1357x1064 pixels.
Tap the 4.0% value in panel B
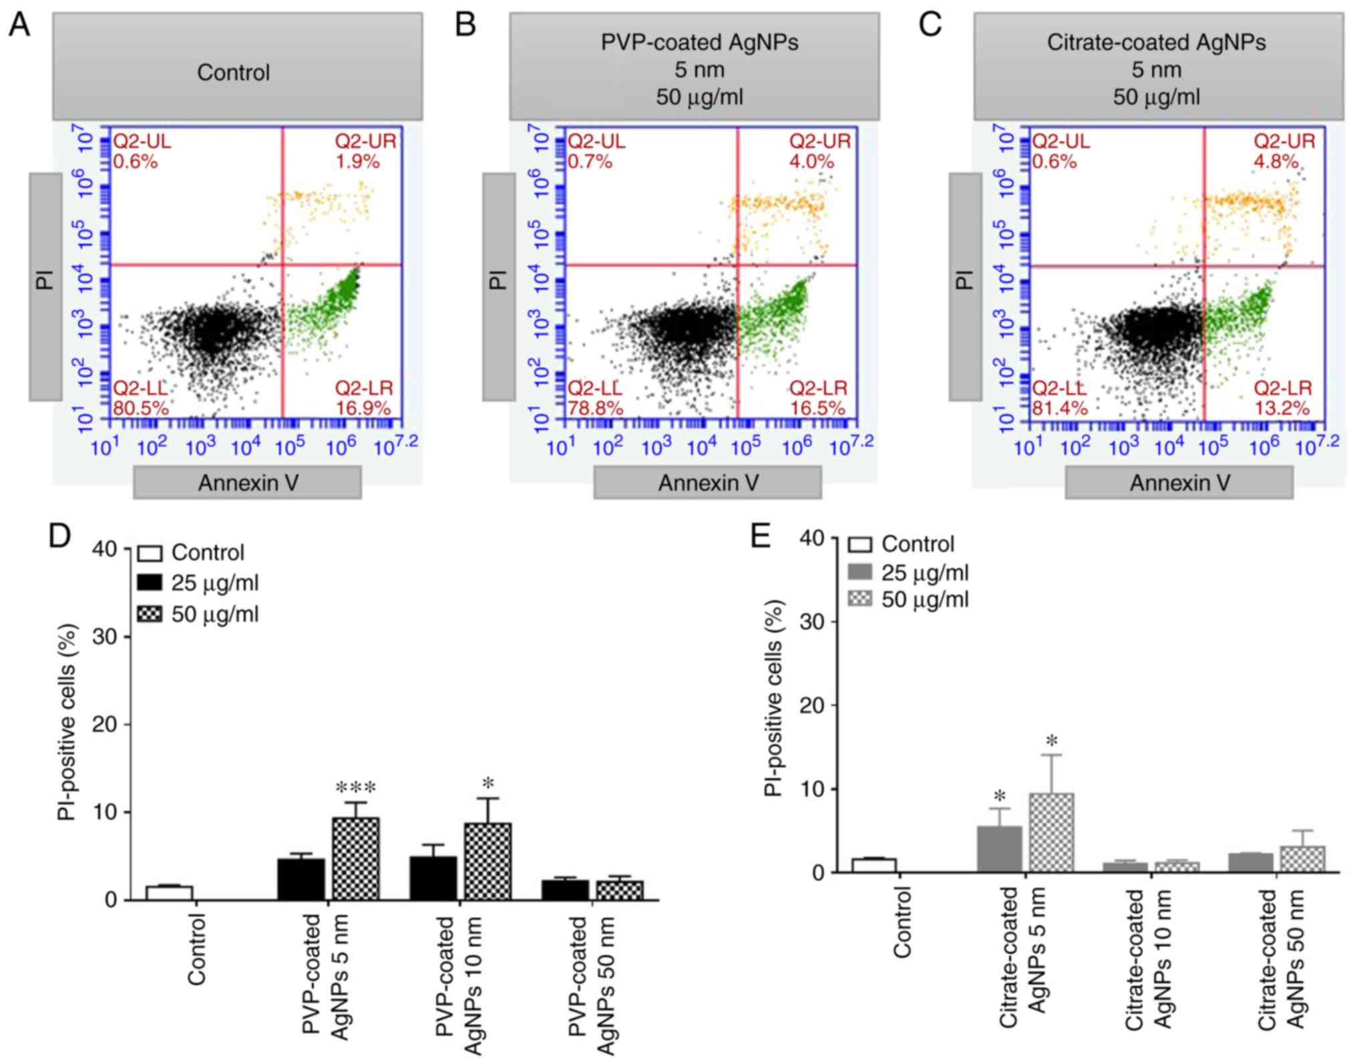pyautogui.click(x=811, y=162)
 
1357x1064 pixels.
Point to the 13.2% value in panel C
pyautogui.click(x=1282, y=408)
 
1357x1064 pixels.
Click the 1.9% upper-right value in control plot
pyautogui.click(x=357, y=162)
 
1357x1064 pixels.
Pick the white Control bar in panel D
pyautogui.click(x=170, y=892)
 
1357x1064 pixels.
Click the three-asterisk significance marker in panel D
pyautogui.click(x=355, y=788)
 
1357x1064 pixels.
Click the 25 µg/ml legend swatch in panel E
pyautogui.click(x=860, y=572)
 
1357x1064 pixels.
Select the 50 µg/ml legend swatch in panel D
pyautogui.click(x=150, y=614)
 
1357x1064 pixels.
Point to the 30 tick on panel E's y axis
pyautogui.click(x=811, y=622)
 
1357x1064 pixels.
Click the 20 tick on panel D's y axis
pyautogui.click(x=104, y=724)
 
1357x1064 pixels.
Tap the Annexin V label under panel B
pyautogui.click(x=708, y=483)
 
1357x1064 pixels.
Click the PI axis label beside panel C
pyautogui.click(x=964, y=281)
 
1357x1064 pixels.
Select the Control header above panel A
pyautogui.click(x=234, y=72)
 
